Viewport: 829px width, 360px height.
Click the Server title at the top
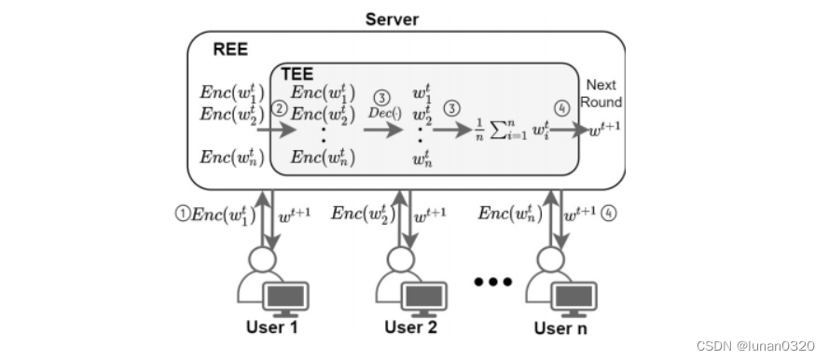[x=391, y=19]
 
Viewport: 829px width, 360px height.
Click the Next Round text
[x=603, y=93]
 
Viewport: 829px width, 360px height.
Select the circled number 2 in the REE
[x=276, y=109]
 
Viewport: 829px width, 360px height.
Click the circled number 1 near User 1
[x=182, y=214]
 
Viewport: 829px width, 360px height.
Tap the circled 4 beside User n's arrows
[x=607, y=213]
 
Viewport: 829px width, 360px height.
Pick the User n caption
[x=560, y=327]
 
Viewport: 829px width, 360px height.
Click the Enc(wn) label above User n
[x=509, y=214]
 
